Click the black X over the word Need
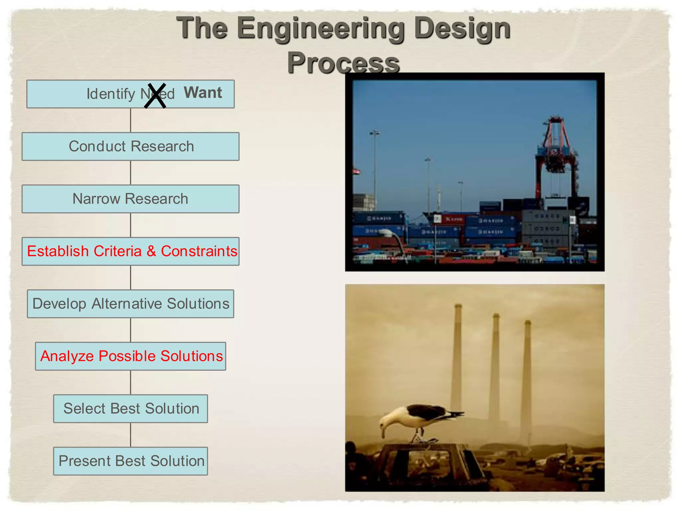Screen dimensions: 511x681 (x=155, y=96)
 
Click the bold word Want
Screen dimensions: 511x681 (x=203, y=92)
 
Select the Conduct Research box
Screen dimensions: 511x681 (x=130, y=146)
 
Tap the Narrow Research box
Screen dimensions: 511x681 (x=130, y=199)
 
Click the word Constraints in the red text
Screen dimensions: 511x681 (x=199, y=251)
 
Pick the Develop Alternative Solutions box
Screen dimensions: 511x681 (x=130, y=304)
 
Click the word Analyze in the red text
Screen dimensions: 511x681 (x=67, y=356)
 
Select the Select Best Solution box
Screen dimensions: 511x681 (x=130, y=409)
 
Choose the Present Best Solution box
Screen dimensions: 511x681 (x=130, y=461)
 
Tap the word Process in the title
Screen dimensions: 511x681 (x=343, y=63)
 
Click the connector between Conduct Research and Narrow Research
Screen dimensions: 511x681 (x=130, y=173)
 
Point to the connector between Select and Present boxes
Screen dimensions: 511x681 (x=130, y=435)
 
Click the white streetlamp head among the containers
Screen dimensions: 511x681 (x=386, y=232)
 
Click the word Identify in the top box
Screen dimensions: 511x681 (x=110, y=94)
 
